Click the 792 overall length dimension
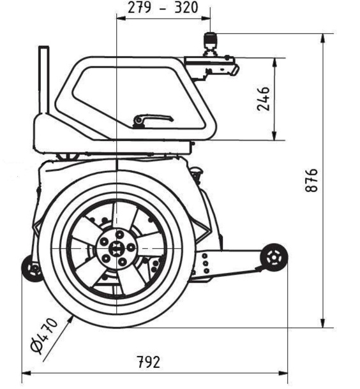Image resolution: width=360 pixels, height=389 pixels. pos(148,362)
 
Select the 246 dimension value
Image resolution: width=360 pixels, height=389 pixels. pos(263,97)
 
